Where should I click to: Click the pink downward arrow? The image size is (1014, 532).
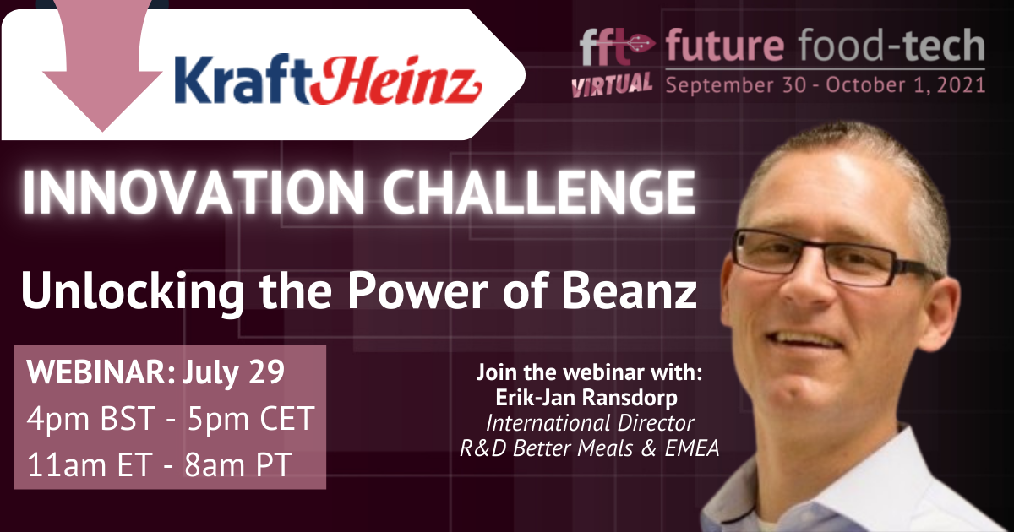coord(102,63)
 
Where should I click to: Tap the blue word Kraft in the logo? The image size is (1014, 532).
coord(243,79)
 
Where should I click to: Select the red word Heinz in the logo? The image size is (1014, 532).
coord(395,80)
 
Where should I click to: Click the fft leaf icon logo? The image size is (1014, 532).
coord(617,46)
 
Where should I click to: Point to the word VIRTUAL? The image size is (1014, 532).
coord(612,84)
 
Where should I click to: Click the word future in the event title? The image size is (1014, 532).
coord(725,45)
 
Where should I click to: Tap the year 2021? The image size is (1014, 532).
coord(961,85)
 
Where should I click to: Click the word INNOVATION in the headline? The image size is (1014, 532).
coord(194,193)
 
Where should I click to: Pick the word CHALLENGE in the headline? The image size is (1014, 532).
coord(539,193)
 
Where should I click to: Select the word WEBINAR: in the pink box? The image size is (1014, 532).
coord(101,372)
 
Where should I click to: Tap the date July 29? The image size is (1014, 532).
coord(233,373)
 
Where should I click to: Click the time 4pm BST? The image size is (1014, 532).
coord(91,419)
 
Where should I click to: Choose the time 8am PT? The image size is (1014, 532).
coord(237,464)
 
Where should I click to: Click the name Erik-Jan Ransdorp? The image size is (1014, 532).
coord(586,398)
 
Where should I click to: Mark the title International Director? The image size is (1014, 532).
coord(590,423)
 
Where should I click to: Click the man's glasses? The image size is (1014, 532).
coord(833,258)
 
